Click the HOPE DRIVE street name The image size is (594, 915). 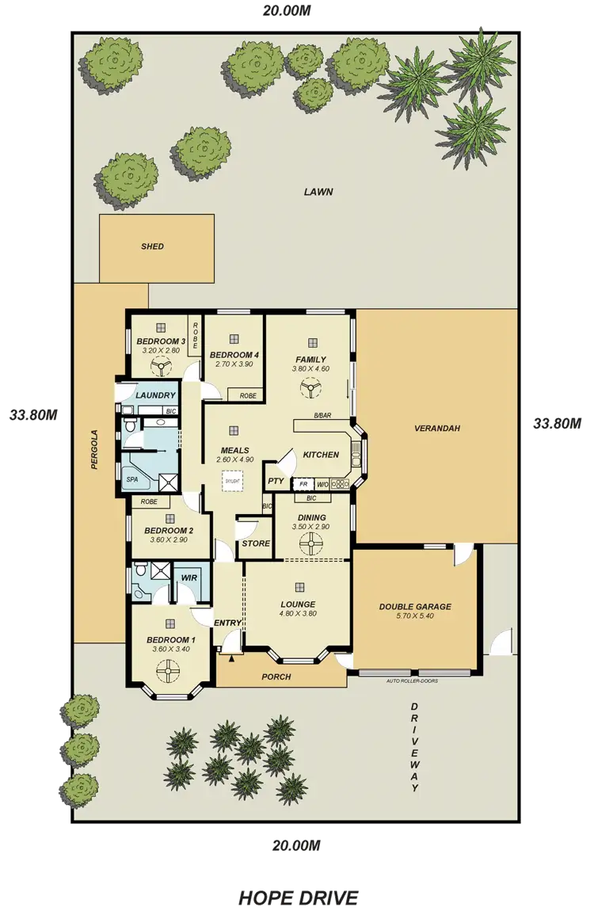(299, 897)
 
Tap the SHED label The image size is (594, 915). (152, 246)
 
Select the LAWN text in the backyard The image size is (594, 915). (318, 192)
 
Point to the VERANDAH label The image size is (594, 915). (436, 429)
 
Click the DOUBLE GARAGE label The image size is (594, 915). (414, 607)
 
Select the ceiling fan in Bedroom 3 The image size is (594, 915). (162, 366)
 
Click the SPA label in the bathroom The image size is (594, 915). (131, 480)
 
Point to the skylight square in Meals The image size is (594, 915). (233, 479)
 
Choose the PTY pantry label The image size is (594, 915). (276, 481)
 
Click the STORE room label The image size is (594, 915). (256, 543)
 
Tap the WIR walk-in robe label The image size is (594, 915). (188, 578)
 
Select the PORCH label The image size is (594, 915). (276, 677)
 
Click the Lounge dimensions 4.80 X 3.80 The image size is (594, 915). (298, 612)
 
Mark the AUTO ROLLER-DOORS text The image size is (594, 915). (412, 681)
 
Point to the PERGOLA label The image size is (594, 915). (93, 450)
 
